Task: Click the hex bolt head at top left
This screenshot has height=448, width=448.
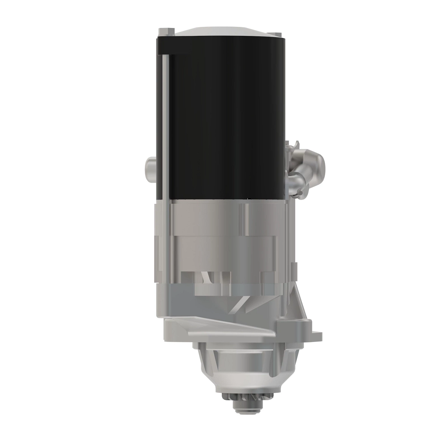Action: pos(166,31)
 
